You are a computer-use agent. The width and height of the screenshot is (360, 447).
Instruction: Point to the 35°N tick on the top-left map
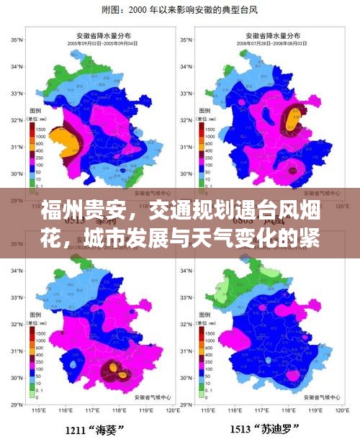point(16,41)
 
